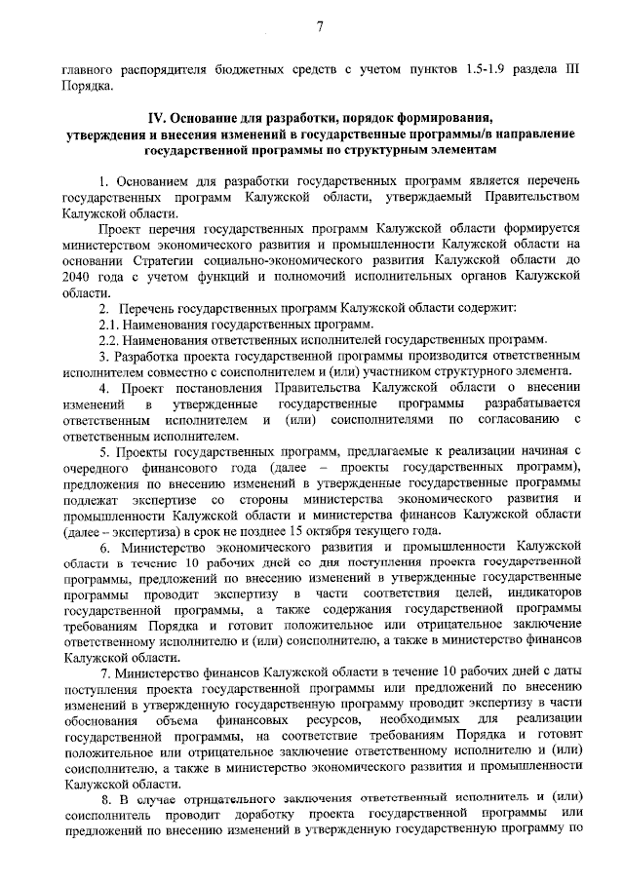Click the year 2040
(x=76, y=276)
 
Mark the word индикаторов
(x=542, y=594)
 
